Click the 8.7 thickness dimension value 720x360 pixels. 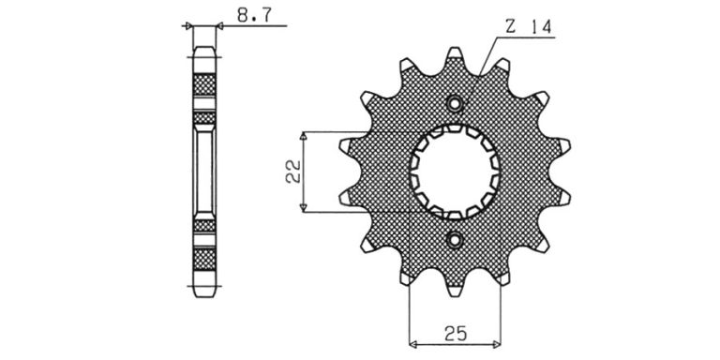(x=254, y=15)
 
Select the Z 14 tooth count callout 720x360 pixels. (x=528, y=27)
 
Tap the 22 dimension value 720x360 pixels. (x=292, y=172)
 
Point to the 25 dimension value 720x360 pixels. (x=455, y=334)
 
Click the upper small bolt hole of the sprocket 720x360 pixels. (x=455, y=104)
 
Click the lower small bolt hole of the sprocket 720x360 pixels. (x=455, y=239)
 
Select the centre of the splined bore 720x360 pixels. (x=455, y=172)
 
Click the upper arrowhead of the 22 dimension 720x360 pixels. (x=303, y=135)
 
